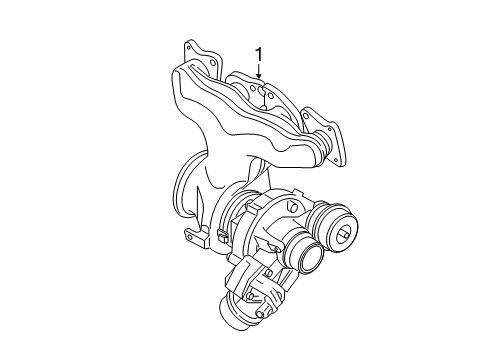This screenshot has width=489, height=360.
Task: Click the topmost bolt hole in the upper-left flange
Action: pyautogui.click(x=190, y=46)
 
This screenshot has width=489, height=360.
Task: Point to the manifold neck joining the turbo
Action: pyautogui.click(x=215, y=190)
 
